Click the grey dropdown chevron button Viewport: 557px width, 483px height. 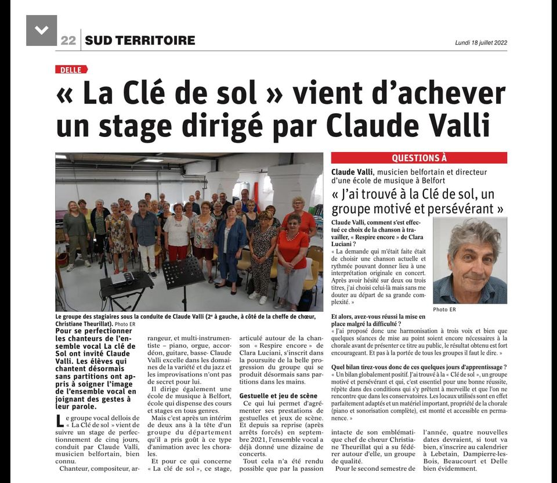point(41,30)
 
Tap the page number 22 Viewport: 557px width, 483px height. point(68,40)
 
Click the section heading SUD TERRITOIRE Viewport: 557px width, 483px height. point(140,40)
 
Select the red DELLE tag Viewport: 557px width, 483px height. point(71,69)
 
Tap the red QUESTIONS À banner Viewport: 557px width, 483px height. point(419,157)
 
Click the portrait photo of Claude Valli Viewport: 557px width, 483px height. point(469,261)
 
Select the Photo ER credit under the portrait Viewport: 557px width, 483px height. point(444,309)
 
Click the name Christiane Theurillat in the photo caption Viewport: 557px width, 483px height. point(84,323)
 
